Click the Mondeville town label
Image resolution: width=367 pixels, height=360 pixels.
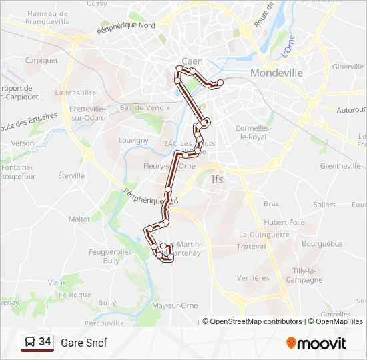(x=276, y=73)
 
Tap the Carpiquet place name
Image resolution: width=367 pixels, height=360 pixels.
(x=41, y=59)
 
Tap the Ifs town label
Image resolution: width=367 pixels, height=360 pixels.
(x=218, y=179)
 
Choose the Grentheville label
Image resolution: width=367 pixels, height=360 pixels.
(x=340, y=165)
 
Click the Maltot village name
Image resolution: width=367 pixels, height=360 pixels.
(x=79, y=218)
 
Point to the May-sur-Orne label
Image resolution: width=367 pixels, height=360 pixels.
(x=175, y=305)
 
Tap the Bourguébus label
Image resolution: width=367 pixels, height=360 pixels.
(x=322, y=244)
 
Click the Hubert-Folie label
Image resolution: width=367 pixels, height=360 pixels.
(x=284, y=222)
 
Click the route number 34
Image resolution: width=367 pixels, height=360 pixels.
(x=45, y=342)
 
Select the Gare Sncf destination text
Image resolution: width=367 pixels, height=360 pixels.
(x=84, y=343)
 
